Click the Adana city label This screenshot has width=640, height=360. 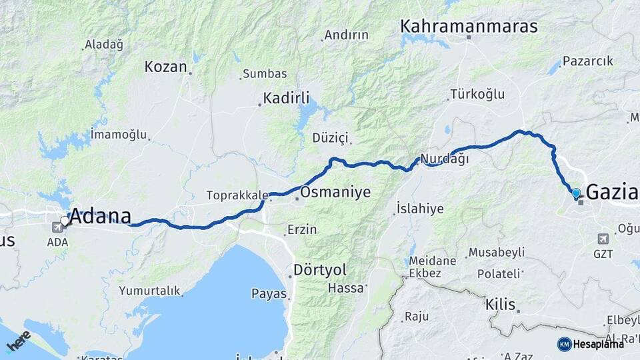click(x=100, y=215)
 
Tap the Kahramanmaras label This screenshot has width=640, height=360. click(x=469, y=27)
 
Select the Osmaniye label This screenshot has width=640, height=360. click(x=335, y=193)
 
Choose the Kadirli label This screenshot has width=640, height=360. click(x=287, y=99)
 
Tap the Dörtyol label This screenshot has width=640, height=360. click(x=320, y=271)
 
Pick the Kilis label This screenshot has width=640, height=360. click(x=501, y=305)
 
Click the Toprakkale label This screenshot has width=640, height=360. click(x=237, y=196)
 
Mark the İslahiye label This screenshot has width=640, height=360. click(x=420, y=209)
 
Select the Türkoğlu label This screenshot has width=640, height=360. click(x=477, y=94)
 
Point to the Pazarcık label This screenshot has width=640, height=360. click(x=587, y=61)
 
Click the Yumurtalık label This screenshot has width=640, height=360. click(x=149, y=291)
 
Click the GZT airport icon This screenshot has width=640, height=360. click(x=604, y=239)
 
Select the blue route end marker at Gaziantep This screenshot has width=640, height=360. click(x=576, y=193)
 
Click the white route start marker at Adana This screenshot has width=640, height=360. click(x=65, y=219)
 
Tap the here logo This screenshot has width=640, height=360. click(x=17, y=341)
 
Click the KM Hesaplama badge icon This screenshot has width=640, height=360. click(x=565, y=344)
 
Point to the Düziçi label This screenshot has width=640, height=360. click(x=331, y=138)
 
